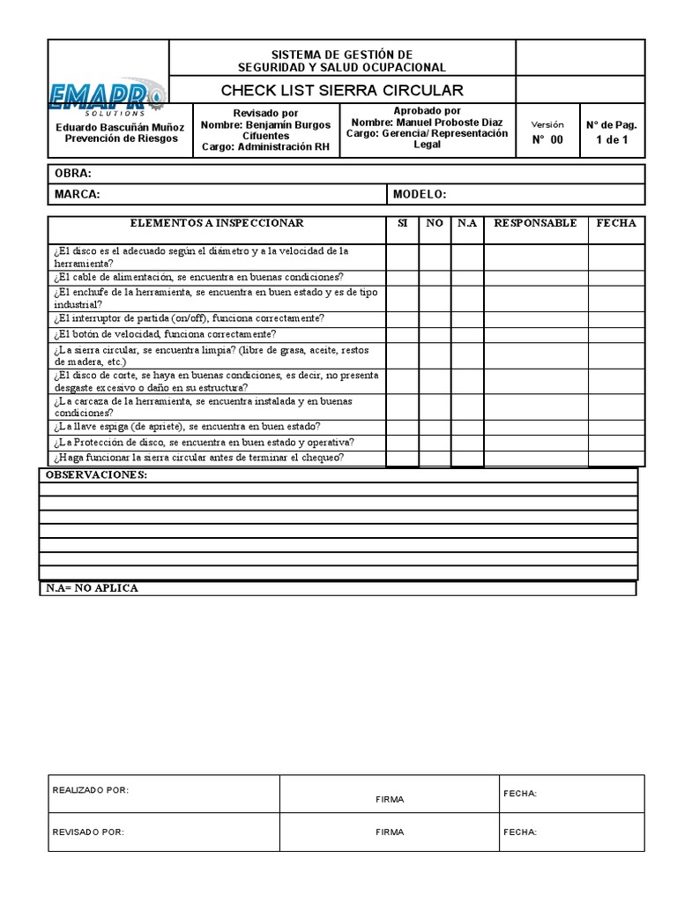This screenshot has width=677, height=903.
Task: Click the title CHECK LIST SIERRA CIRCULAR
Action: click(341, 91)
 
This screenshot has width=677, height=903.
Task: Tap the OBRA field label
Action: click(73, 174)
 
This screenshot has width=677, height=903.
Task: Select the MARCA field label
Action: click(78, 194)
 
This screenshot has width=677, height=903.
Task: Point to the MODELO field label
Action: click(420, 194)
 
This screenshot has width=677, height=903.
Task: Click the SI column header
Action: click(402, 224)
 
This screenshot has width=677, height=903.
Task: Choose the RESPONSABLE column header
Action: click(535, 224)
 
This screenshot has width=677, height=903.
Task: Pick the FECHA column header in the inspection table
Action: click(615, 224)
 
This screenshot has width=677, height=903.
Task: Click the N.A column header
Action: click(467, 224)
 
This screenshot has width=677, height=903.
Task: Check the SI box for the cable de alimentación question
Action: click(402, 277)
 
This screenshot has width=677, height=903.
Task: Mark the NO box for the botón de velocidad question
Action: click(435, 334)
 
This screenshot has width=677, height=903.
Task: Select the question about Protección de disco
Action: click(204, 442)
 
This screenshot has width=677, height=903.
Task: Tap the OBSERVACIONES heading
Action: click(97, 475)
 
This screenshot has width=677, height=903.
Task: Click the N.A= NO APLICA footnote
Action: click(92, 588)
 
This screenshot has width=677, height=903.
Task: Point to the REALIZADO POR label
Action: click(91, 790)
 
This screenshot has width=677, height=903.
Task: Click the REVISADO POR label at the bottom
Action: click(88, 832)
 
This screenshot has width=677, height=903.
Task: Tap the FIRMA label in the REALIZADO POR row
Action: click(389, 799)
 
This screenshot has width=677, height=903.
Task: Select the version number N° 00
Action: click(547, 139)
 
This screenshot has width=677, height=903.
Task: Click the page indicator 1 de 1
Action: click(612, 139)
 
